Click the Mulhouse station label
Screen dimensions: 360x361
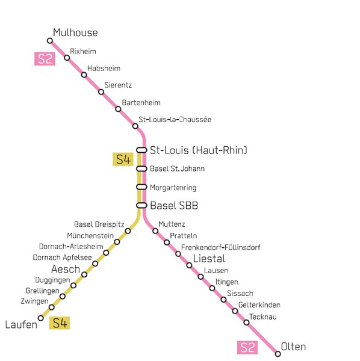pos(75,32)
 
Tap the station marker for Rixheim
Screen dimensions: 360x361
pos(67,58)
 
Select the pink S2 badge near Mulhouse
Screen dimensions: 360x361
pos(45,59)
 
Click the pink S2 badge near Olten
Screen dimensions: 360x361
pos(247,348)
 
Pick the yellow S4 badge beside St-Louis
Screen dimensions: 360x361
pos(123,159)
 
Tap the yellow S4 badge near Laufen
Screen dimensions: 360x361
pos(60,322)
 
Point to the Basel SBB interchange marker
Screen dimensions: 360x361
pos(141,205)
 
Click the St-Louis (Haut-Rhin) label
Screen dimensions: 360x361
pos(199,150)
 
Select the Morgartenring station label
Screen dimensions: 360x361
pos(173,187)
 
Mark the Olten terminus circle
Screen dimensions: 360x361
pos(278,354)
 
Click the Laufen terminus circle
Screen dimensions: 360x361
pos(41,318)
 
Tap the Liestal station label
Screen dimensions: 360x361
pos(209,259)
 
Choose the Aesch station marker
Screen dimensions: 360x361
pos(84,274)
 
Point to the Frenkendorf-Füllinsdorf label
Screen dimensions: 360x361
pos(221,247)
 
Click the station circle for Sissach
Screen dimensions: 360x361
pos(223,300)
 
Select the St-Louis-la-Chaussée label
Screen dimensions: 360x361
pos(175,119)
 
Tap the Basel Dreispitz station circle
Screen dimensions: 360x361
pos(128,231)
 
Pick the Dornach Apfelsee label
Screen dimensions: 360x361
pos(62,257)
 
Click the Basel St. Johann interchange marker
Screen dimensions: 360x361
pos(141,168)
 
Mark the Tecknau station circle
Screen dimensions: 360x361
pos(246,322)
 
